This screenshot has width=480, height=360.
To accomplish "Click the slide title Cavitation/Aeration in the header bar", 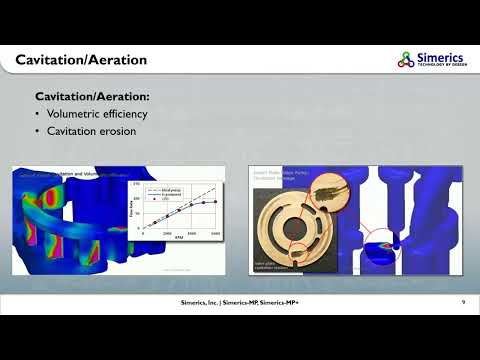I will point(81,61).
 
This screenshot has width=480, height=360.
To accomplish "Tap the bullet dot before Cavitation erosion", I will point(38,131).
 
